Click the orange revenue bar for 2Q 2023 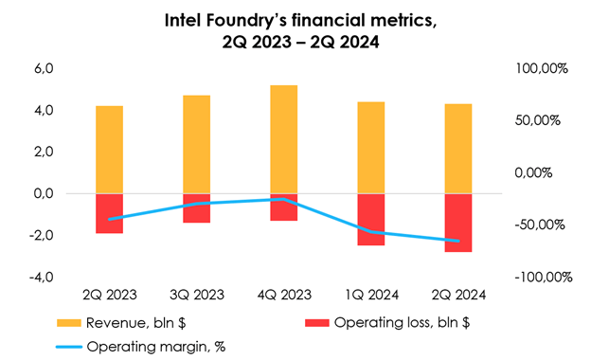(x=110, y=149)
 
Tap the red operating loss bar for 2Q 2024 (x=458, y=223)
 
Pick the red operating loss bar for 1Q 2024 (x=370, y=219)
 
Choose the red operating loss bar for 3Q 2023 (x=197, y=207)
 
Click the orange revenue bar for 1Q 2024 (x=370, y=147)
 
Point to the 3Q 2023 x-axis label (x=197, y=296)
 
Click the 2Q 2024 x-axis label (x=458, y=296)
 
